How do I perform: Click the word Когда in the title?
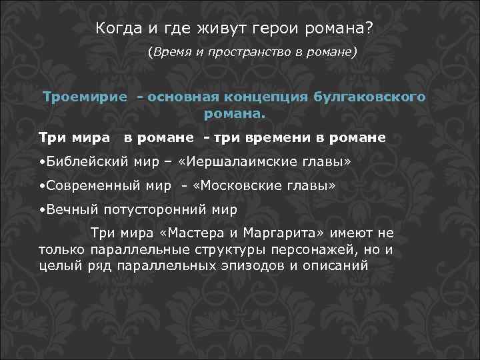(116, 29)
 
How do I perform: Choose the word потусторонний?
(151, 209)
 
